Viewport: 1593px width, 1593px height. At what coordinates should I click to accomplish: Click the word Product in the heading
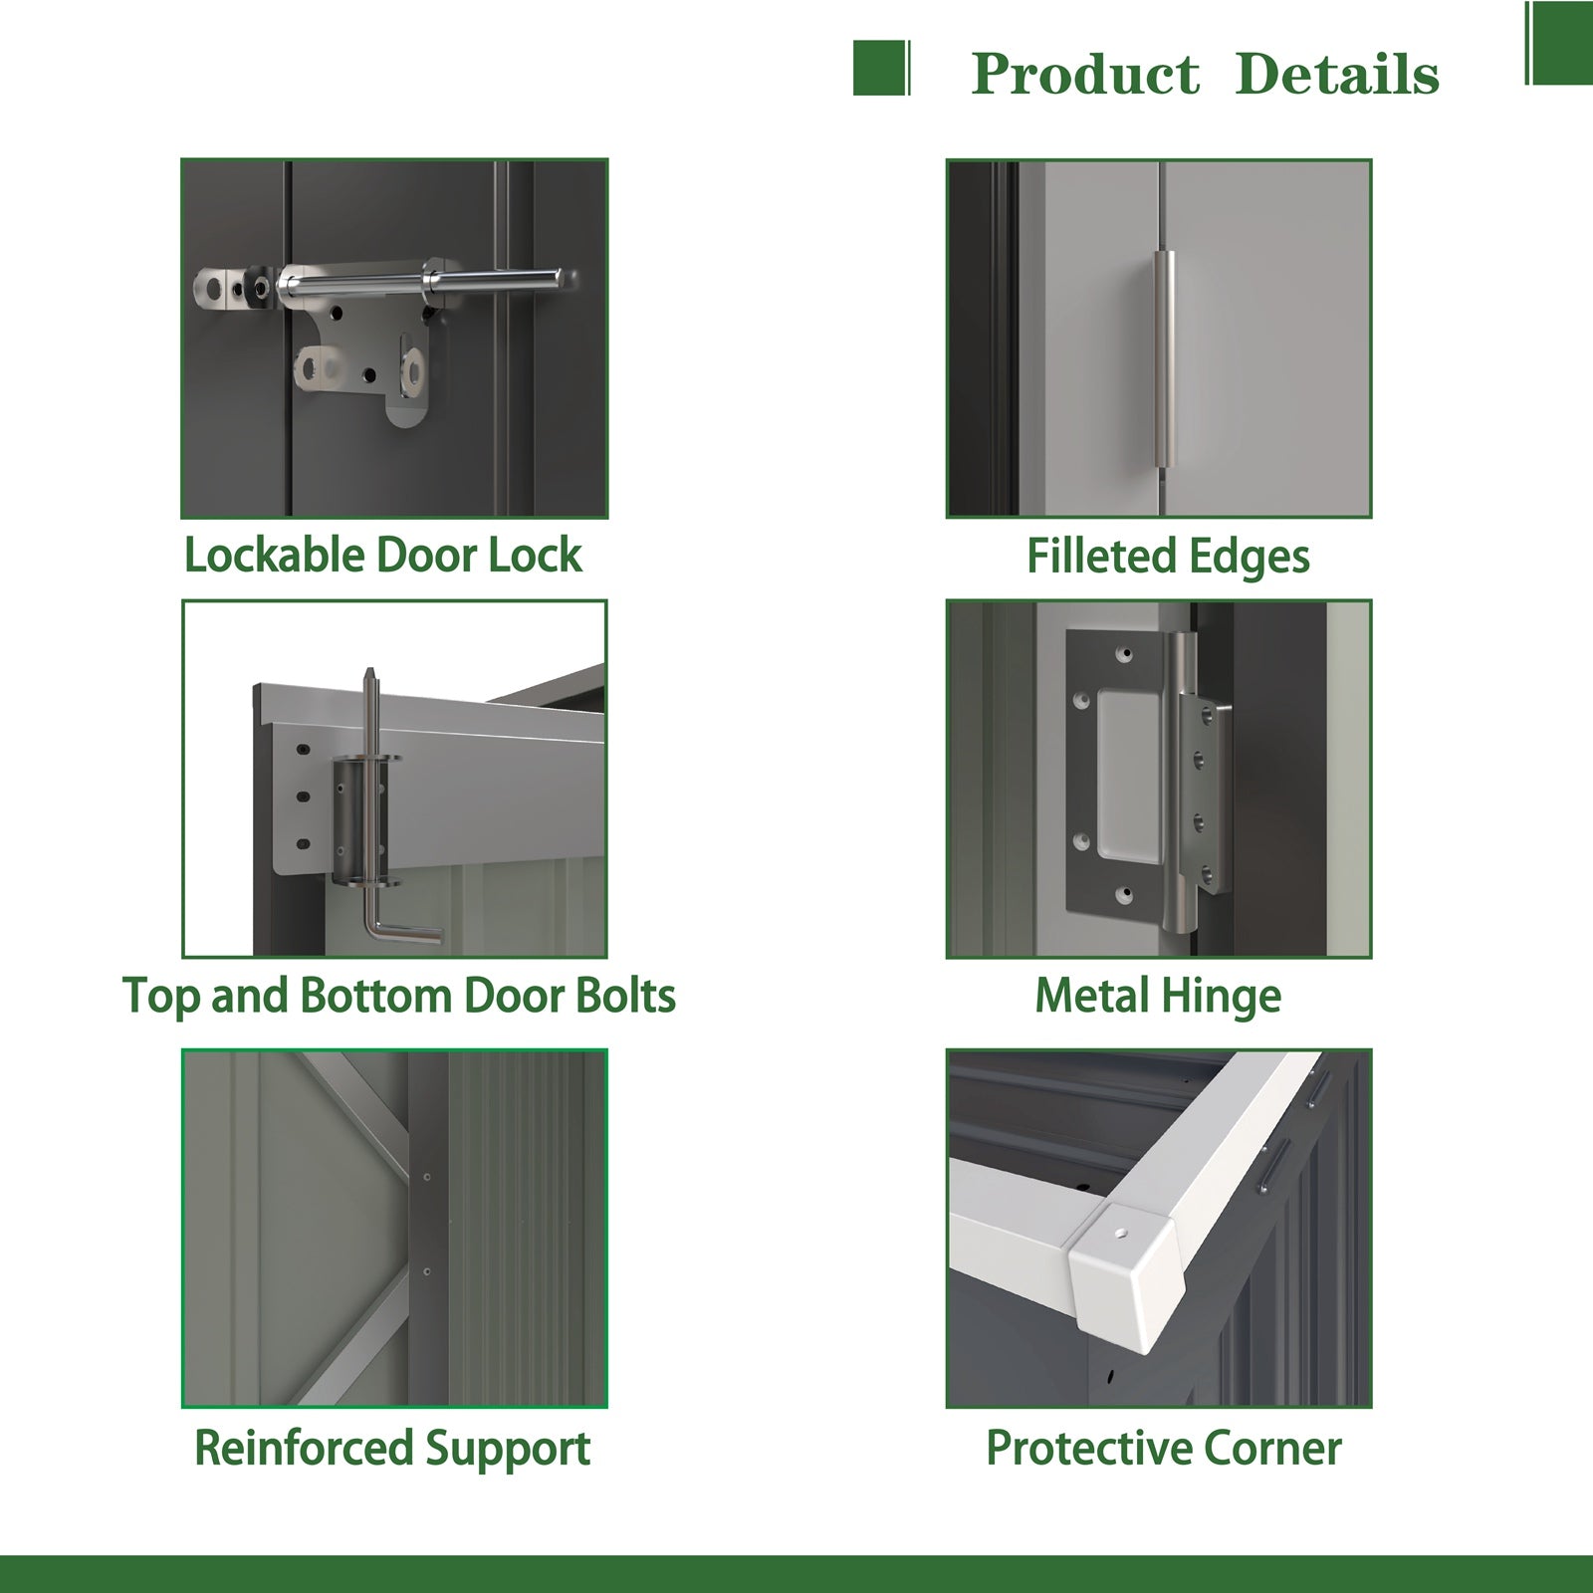coord(1085,75)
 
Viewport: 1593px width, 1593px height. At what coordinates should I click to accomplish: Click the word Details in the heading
coord(1337,75)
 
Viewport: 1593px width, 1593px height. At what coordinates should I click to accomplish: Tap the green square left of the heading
coord(881,68)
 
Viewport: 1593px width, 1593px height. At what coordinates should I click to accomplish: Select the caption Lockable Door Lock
coord(383,555)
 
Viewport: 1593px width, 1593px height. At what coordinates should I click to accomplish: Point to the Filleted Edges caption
coord(1168,557)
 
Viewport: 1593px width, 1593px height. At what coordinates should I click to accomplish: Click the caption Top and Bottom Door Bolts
coord(398,996)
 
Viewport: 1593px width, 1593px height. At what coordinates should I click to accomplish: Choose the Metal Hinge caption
coord(1158,996)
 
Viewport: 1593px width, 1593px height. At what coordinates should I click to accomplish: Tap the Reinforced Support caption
coord(392,1449)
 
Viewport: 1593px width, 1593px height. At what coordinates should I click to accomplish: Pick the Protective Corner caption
coord(1163,1448)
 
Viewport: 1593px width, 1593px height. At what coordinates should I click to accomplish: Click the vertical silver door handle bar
coord(1165,359)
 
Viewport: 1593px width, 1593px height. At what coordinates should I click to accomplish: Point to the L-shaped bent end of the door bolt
coord(403,931)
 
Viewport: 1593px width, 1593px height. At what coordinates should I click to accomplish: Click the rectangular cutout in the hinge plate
coord(1128,775)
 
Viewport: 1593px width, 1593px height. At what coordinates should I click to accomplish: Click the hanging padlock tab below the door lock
coord(409,383)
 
